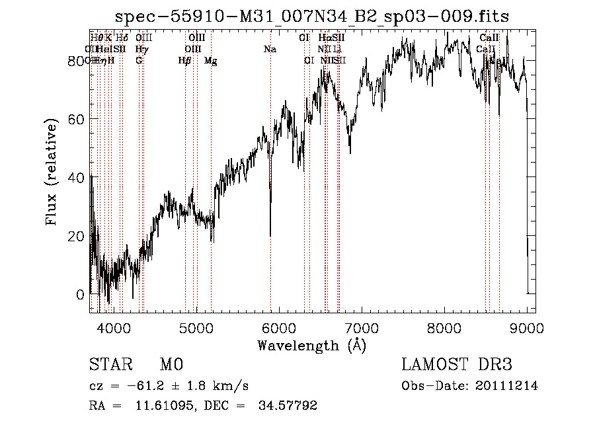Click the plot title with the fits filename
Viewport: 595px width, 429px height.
312,17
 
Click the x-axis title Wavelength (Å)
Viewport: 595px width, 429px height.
311,345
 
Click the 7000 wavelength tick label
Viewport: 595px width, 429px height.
362,327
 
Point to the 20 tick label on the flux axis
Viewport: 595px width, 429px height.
79,236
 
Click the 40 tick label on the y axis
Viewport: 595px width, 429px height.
79,177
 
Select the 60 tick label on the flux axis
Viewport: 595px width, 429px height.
79,119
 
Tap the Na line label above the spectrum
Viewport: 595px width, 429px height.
270,49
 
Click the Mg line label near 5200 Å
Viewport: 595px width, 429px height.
210,61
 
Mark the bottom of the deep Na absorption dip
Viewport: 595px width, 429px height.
270,235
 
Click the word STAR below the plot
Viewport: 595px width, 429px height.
110,364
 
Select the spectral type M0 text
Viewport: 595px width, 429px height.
171,364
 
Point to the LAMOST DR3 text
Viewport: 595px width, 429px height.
457,364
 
